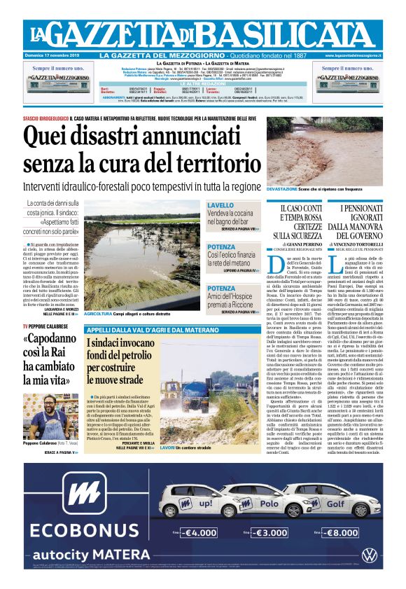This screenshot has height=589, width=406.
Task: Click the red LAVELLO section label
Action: tap(220, 205)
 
